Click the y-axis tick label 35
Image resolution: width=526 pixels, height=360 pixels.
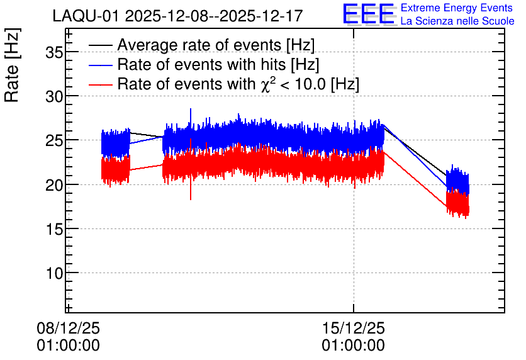54,52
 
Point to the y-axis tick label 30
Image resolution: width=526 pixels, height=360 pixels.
54,97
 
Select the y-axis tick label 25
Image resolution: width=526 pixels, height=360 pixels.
54,141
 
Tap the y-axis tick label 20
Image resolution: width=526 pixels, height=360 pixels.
54,185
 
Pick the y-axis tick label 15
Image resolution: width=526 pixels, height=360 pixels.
54,230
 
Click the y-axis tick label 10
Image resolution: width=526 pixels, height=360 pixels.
54,274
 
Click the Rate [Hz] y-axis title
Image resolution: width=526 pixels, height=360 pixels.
12,65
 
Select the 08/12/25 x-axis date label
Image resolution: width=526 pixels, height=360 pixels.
68,328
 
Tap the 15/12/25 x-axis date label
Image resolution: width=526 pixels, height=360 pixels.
353,328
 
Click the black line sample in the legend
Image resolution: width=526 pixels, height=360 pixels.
100,45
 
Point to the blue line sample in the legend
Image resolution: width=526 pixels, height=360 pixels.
100,65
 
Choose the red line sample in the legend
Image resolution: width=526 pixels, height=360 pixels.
100,84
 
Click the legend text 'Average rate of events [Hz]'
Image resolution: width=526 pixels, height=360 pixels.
216,45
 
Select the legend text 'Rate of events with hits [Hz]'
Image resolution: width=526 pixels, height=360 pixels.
218,64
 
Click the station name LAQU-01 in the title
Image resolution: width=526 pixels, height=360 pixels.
86,16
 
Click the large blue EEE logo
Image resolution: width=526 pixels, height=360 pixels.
369,14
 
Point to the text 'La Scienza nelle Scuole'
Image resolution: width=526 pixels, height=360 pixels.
457,21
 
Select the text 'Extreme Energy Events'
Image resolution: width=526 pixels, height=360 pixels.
457,8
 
